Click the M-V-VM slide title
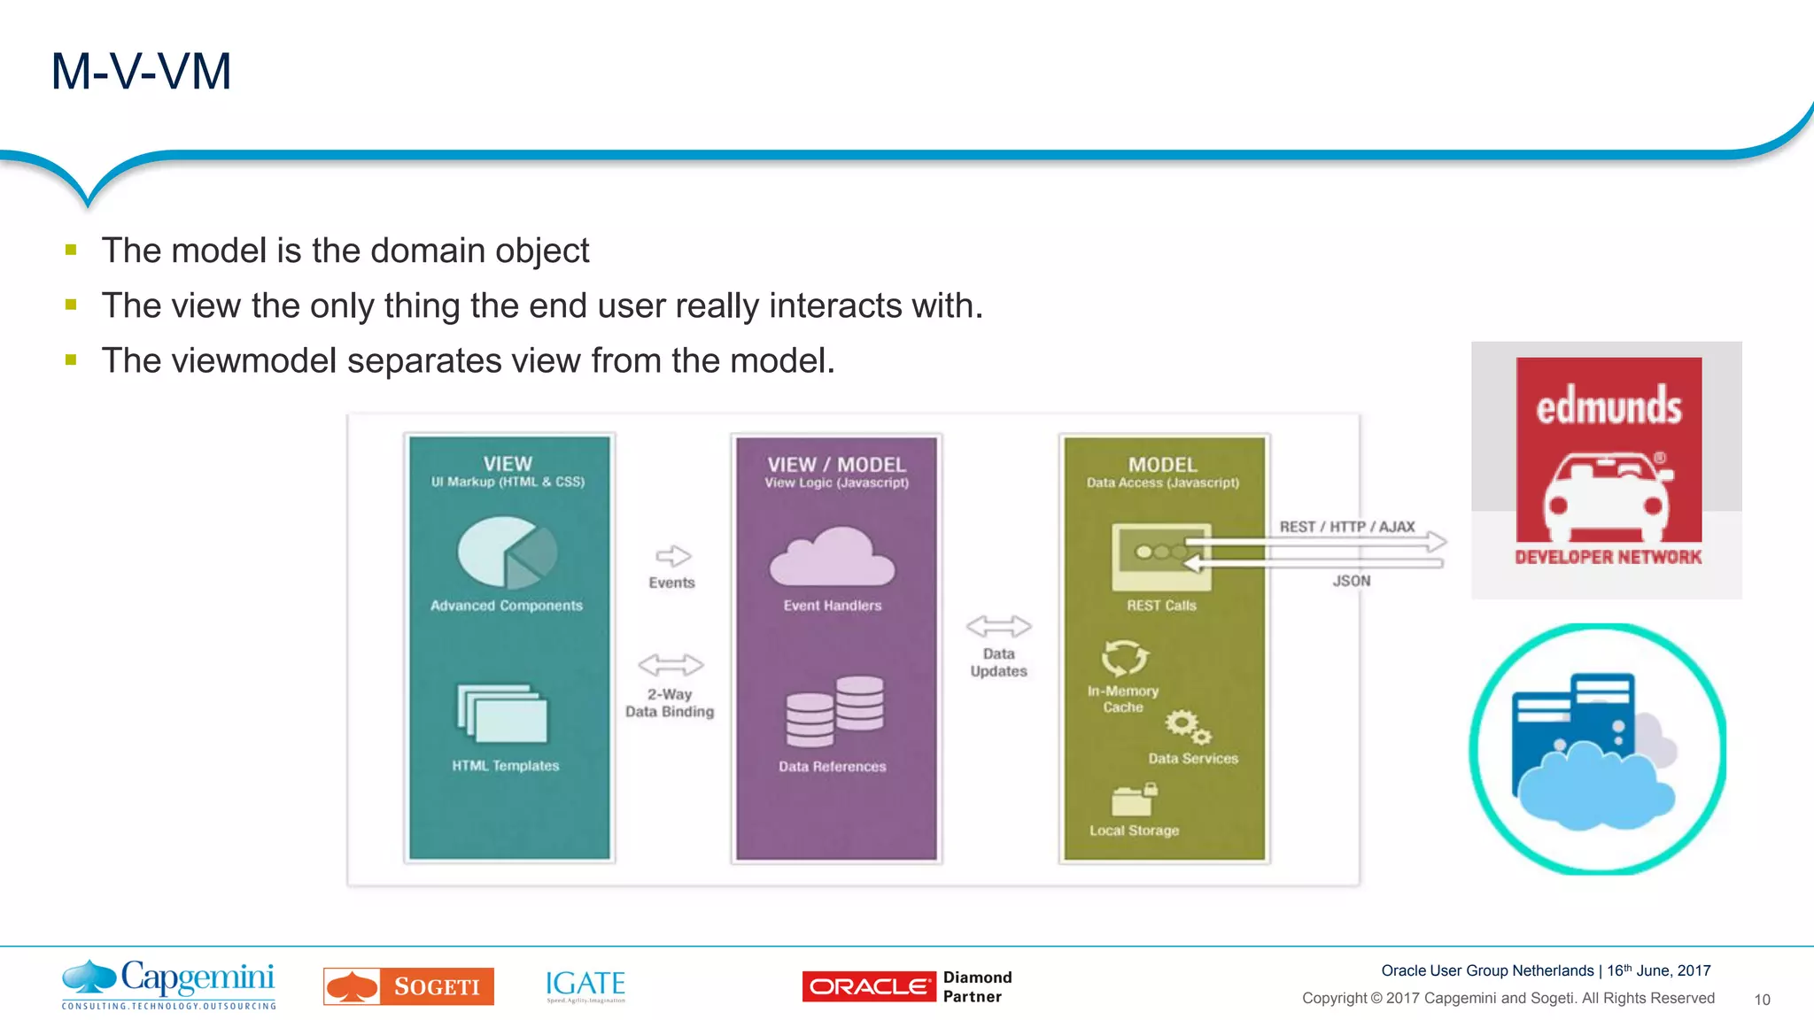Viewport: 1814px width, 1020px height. [x=141, y=72]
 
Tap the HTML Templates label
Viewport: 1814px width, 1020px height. [x=505, y=766]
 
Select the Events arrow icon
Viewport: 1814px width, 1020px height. [x=673, y=556]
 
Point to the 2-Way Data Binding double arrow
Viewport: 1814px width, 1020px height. [x=671, y=664]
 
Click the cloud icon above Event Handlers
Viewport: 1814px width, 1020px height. [x=832, y=558]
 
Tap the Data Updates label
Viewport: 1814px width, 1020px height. [x=998, y=662]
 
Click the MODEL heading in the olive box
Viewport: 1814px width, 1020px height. [x=1162, y=465]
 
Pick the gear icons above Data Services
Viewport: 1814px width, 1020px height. [x=1187, y=727]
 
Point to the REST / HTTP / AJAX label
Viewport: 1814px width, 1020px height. [x=1346, y=527]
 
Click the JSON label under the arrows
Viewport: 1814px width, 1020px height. [x=1351, y=581]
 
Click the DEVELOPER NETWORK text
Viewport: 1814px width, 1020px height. [x=1608, y=557]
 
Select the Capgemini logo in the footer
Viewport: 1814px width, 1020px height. [x=168, y=984]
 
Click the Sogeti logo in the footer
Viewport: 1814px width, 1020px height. [x=408, y=986]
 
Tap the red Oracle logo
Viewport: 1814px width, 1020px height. [x=868, y=986]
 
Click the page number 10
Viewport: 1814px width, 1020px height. [x=1762, y=1000]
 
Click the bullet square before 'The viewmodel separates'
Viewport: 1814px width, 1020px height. [x=71, y=360]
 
